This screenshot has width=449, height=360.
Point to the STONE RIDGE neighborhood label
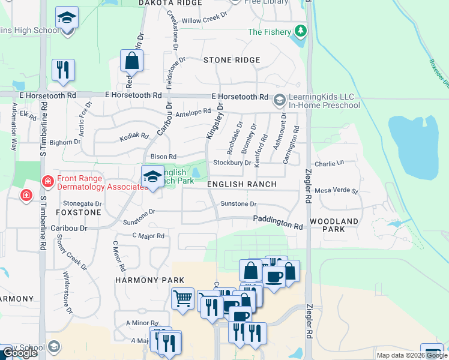click(x=232, y=60)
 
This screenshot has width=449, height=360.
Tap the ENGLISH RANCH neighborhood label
click(x=241, y=185)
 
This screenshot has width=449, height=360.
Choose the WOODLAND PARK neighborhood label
click(x=334, y=225)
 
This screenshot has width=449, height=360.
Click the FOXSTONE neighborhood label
click(x=78, y=212)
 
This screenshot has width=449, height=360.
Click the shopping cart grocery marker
click(x=182, y=298)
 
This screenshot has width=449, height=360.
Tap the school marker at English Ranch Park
click(x=152, y=176)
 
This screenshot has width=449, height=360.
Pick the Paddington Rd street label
click(x=277, y=222)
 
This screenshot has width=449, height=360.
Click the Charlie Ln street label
click(x=329, y=163)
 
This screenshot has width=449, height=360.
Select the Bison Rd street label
click(x=163, y=157)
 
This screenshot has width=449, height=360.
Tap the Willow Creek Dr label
click(x=205, y=20)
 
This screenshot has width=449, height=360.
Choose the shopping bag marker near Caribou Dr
click(x=132, y=61)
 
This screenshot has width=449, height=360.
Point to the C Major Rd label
click(x=148, y=236)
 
